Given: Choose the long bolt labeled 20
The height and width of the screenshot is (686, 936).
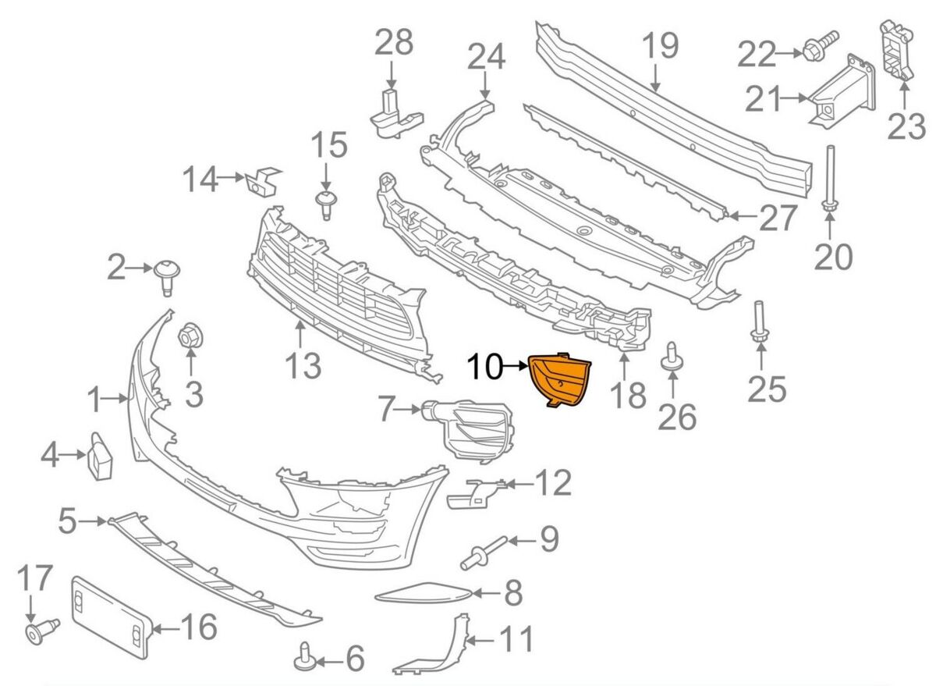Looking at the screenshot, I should pyautogui.click(x=829, y=179).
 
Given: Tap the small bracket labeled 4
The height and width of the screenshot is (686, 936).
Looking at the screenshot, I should pyautogui.click(x=100, y=457).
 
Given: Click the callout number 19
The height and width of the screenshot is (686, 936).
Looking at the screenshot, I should pyautogui.click(x=660, y=45).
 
